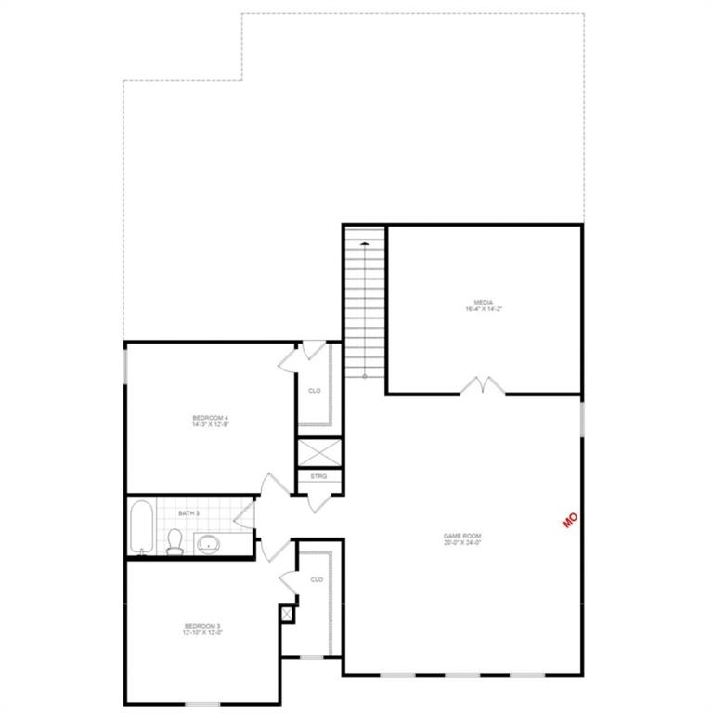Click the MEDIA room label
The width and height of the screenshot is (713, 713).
[483, 301]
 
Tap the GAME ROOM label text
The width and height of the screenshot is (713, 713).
[461, 536]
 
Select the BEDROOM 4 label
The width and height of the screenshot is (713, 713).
[210, 419]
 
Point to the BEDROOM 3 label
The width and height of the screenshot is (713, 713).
[202, 627]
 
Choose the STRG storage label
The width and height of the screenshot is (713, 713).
[318, 476]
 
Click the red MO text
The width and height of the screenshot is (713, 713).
[571, 519]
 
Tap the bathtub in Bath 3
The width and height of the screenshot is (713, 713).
[142, 528]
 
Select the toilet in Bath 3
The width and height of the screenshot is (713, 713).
[175, 542]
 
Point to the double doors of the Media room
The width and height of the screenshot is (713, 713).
[483, 384]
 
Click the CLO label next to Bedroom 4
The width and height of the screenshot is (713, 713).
[315, 391]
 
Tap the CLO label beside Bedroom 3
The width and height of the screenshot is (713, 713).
[317, 579]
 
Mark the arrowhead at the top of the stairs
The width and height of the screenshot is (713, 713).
[365, 243]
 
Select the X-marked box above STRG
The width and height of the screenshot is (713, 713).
[318, 450]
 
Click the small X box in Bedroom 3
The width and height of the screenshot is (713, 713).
[286, 614]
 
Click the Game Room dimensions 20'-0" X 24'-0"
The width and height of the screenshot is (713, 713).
[461, 544]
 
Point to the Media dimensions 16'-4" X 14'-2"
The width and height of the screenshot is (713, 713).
[483, 308]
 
